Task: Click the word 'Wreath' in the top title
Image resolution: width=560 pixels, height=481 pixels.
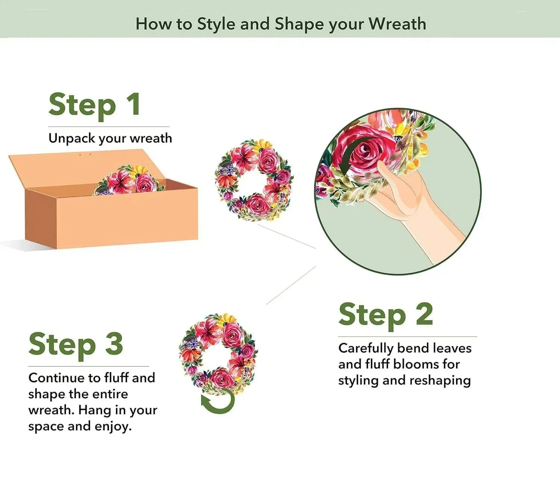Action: click(x=398, y=24)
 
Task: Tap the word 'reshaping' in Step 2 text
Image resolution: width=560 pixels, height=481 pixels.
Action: click(x=440, y=381)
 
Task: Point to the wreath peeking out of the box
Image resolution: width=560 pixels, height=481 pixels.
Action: click(x=129, y=180)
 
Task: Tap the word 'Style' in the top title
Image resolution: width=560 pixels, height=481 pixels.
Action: click(x=216, y=24)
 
